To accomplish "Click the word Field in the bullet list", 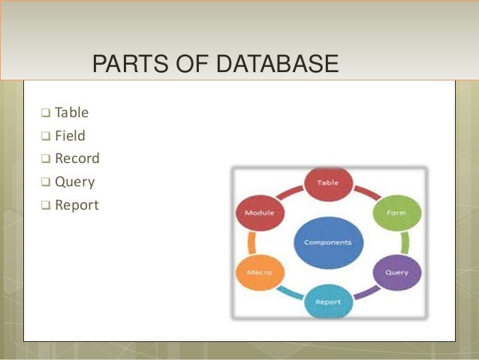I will (x=70, y=137).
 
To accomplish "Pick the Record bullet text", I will (x=77, y=159).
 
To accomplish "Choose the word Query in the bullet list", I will (x=74, y=182).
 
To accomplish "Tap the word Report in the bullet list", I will (x=77, y=204).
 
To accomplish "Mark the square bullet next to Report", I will (x=46, y=205).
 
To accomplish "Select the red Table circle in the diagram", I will (x=327, y=183).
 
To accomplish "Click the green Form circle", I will (x=395, y=212).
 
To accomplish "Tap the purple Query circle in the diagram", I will (x=396, y=272).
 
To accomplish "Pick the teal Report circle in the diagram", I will (x=327, y=301).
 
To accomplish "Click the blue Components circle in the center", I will (x=327, y=243).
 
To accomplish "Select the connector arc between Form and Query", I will (x=405, y=242).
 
